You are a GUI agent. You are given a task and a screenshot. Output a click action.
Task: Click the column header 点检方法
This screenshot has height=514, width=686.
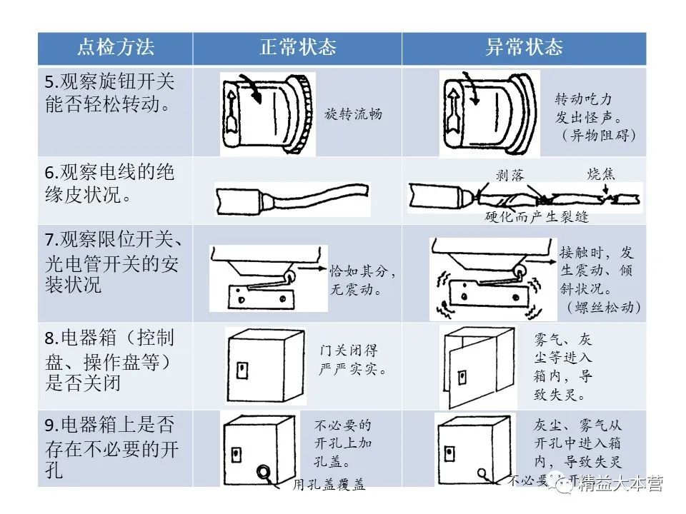(x=115, y=49)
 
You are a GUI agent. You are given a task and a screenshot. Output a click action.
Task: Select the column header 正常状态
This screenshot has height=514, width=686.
(x=297, y=49)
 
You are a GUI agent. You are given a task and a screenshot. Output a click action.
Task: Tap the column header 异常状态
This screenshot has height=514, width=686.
(x=524, y=49)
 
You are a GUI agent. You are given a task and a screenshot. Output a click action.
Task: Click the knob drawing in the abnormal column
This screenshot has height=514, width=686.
(x=487, y=113)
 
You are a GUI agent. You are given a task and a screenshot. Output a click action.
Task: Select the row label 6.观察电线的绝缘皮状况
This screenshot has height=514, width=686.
(x=110, y=183)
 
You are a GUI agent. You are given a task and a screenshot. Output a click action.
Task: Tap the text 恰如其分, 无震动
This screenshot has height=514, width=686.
(x=364, y=281)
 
